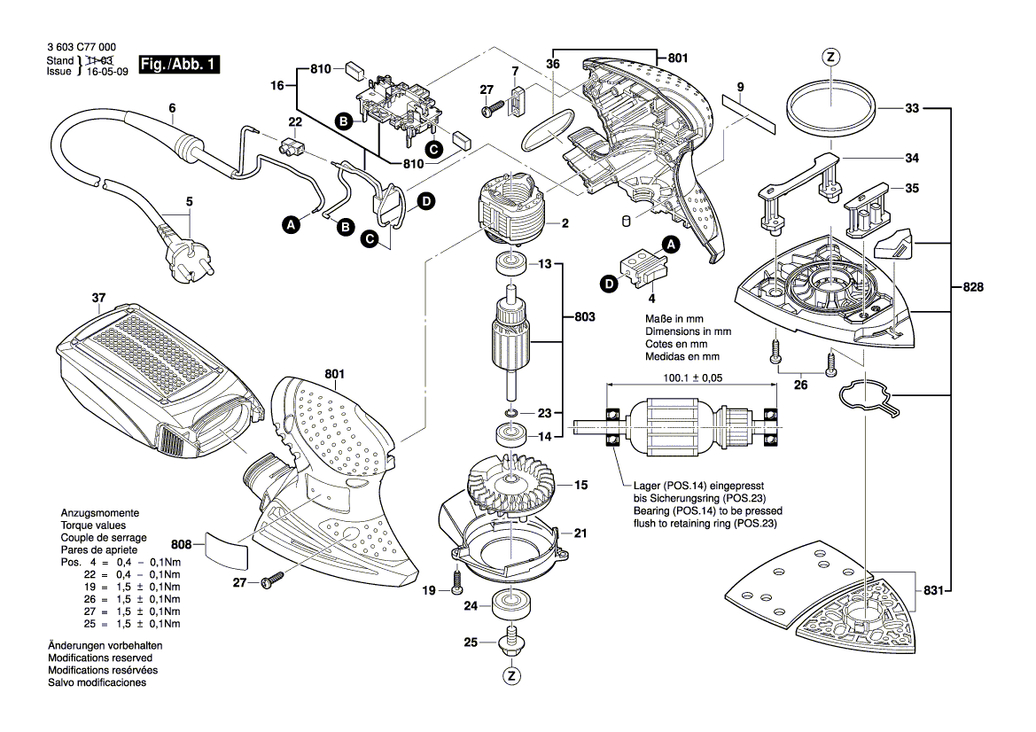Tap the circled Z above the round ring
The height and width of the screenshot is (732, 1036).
[x=830, y=58]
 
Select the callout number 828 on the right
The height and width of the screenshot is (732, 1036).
[x=974, y=287]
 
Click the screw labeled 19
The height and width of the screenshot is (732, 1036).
[x=457, y=583]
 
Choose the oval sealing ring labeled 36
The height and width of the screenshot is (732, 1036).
[x=542, y=130]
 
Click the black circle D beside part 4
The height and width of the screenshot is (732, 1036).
[x=608, y=284]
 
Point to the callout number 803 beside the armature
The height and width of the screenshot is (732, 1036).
[x=585, y=316]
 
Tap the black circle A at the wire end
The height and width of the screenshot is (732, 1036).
[x=291, y=227]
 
